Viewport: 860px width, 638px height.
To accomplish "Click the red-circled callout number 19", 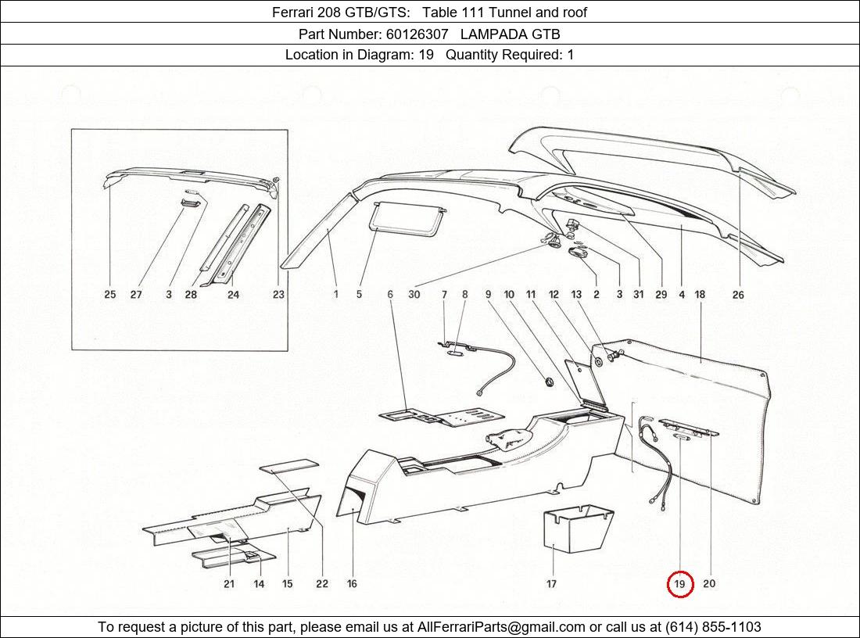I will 679,584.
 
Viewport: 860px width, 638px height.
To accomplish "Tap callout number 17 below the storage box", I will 551,584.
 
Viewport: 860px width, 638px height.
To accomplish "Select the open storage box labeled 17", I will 578,532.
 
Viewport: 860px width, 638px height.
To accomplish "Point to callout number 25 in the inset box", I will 110,295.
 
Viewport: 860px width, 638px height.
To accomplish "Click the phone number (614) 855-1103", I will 713,627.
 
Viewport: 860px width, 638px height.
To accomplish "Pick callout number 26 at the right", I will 738,295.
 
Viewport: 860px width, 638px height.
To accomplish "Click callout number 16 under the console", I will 352,584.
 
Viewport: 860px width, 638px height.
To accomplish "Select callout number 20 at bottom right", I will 708,584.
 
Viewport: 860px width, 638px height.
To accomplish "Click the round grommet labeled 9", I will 547,382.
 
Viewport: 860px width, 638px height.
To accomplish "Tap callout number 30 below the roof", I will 414,295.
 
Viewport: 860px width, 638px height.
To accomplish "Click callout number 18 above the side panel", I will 700,295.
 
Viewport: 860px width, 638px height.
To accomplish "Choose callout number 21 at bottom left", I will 229,584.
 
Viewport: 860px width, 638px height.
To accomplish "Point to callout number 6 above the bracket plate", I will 389,295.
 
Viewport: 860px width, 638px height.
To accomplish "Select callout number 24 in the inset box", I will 233,295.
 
